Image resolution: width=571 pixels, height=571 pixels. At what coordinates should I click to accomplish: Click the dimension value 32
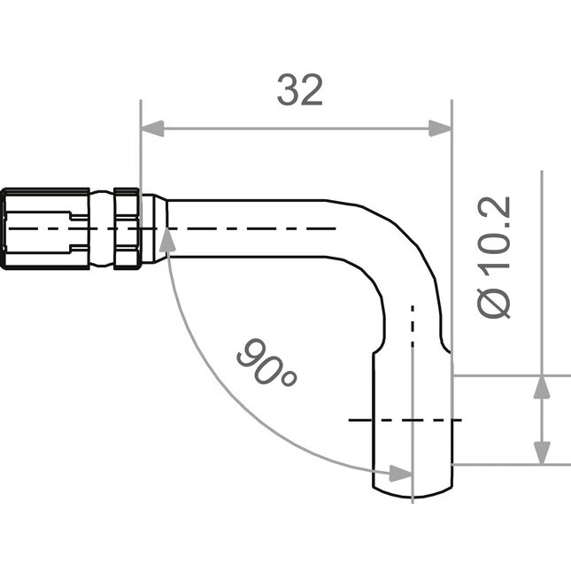[300, 90]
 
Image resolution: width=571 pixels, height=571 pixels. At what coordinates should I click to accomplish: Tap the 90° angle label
[267, 362]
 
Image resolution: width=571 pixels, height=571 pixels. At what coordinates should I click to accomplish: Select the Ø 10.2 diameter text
[493, 258]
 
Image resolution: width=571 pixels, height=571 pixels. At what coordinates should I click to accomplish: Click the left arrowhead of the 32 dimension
[152, 128]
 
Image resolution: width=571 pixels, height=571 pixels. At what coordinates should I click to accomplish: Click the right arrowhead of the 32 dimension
[440, 128]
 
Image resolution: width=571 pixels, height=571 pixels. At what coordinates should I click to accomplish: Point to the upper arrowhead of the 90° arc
[167, 239]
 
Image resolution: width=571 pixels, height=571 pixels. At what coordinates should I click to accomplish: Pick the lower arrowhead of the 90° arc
[400, 474]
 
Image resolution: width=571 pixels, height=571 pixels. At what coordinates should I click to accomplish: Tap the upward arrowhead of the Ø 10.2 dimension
[542, 387]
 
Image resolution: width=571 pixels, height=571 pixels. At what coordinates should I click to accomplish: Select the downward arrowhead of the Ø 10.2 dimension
[542, 453]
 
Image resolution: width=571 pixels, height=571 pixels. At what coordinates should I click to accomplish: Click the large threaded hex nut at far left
[45, 228]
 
